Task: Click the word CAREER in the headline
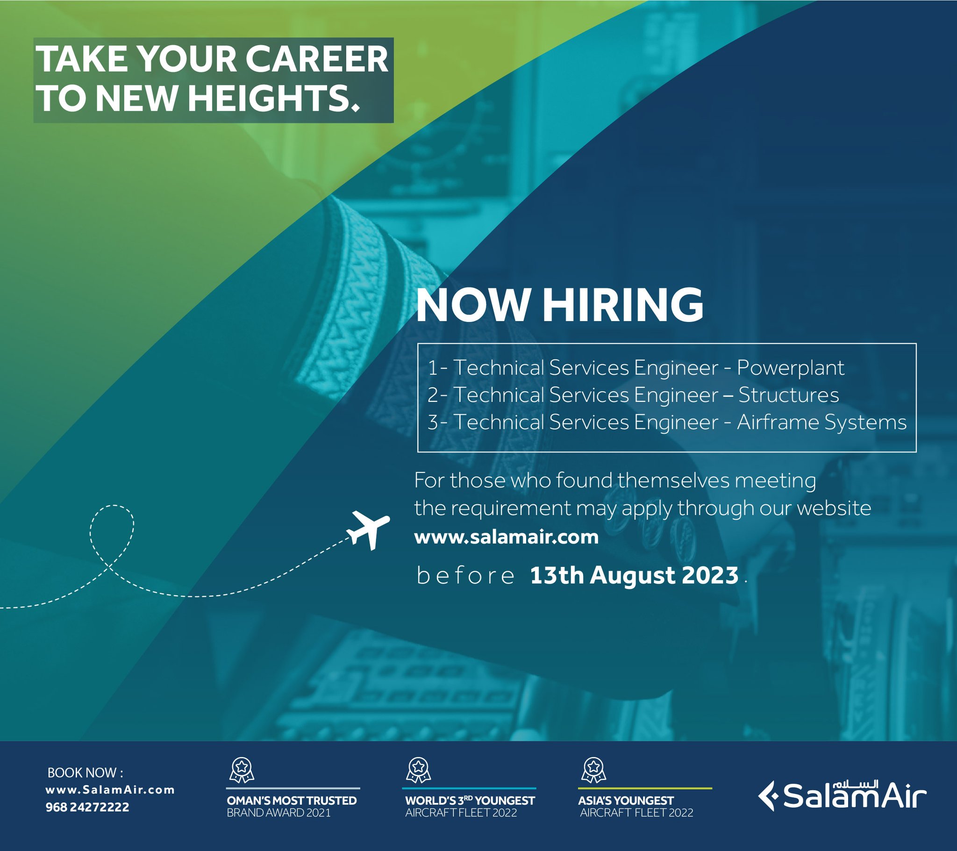click(317, 59)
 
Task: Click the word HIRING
click(623, 305)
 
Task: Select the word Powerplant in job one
click(791, 368)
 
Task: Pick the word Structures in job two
click(788, 395)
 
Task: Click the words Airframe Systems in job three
click(821, 422)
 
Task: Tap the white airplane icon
click(368, 529)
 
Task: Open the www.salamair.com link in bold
click(507, 537)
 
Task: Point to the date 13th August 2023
click(634, 575)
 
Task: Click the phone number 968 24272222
click(87, 807)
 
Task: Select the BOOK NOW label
click(85, 773)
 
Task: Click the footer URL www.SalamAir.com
click(110, 790)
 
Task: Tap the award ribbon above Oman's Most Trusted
click(242, 770)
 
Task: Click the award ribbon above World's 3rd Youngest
click(418, 770)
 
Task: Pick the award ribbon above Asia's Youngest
click(593, 770)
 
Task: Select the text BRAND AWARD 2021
click(279, 813)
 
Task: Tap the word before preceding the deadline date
click(465, 576)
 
